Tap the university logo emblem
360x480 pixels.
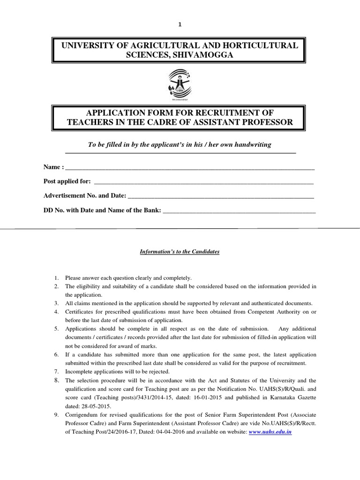(180, 83)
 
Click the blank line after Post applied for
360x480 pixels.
(204, 182)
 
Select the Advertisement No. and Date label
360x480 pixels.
(84, 196)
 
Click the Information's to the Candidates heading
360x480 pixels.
(180, 252)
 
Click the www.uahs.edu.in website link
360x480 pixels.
(270, 432)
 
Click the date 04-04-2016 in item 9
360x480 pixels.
(157, 432)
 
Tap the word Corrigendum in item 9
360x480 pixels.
(82, 415)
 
